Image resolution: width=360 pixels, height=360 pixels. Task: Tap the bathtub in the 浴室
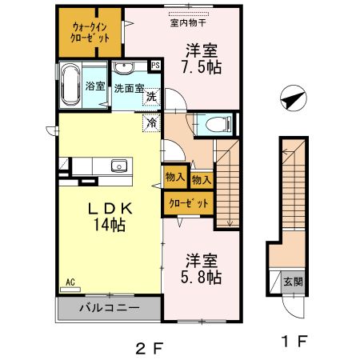(x=71, y=85)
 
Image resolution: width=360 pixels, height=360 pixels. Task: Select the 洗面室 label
(x=127, y=90)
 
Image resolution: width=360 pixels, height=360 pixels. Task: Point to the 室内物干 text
(x=186, y=22)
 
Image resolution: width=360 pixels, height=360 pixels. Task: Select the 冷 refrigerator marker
(x=150, y=123)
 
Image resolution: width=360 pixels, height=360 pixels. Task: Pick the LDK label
(x=106, y=206)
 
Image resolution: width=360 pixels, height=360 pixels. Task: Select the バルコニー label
(x=110, y=307)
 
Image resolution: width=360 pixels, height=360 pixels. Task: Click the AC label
(x=70, y=282)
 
